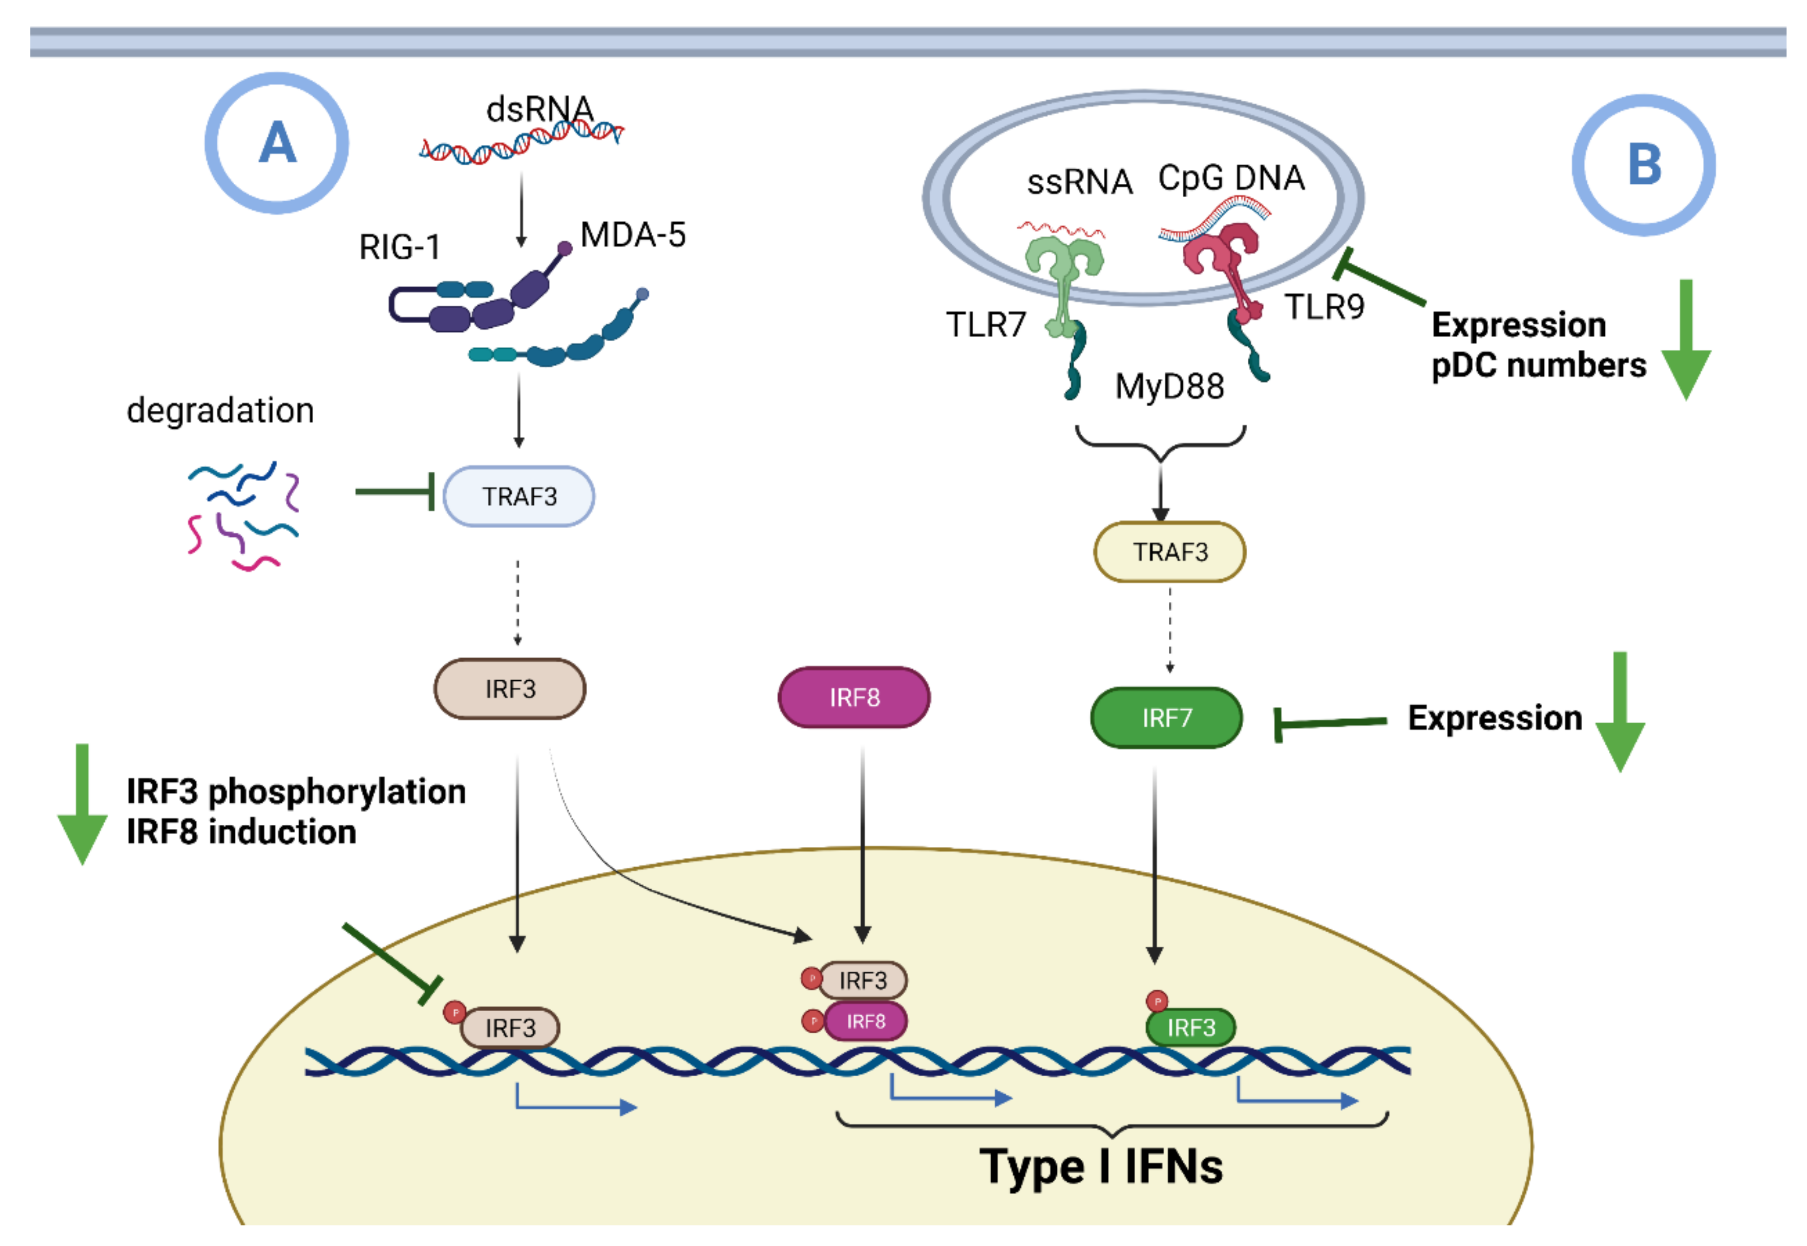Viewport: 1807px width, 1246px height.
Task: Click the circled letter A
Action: (277, 144)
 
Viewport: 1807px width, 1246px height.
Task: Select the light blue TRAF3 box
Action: (519, 497)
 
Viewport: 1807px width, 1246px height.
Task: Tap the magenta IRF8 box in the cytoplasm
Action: (854, 697)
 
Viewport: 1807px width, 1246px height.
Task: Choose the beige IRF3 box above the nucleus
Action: (510, 688)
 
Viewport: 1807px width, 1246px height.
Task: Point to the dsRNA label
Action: (540, 109)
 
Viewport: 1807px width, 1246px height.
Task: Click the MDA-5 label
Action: (633, 234)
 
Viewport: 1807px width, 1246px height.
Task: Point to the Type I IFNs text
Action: (1101, 1167)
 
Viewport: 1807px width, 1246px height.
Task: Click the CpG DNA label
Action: (1231, 178)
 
